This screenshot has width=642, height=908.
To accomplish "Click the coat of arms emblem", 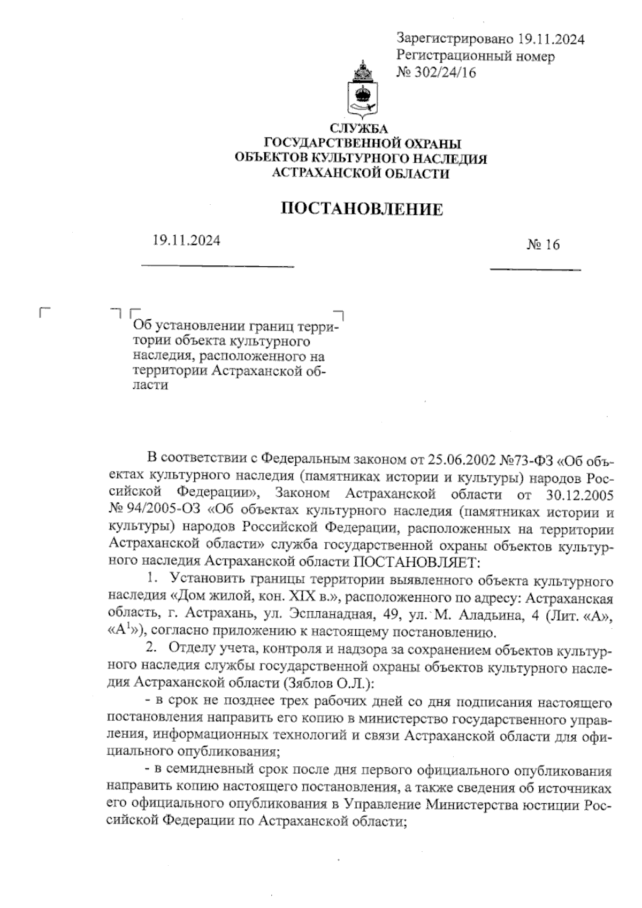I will pos(362,91).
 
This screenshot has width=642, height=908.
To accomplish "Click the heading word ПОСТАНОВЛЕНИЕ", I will pos(362,209).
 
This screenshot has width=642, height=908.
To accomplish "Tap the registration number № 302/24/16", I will pos(436,72).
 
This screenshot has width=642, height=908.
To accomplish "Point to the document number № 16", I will pos(543,245).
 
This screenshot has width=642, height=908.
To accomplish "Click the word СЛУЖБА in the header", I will pos(362,128).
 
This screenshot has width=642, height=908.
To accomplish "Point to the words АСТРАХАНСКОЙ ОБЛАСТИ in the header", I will pos(362,173).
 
